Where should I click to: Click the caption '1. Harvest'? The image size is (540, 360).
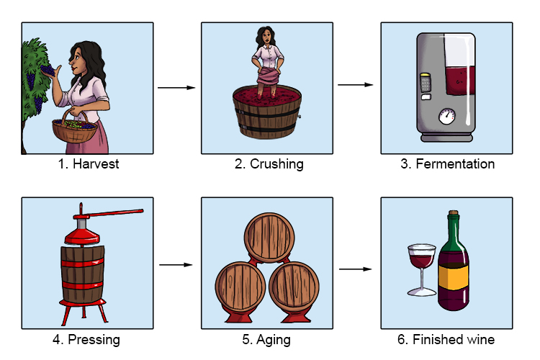click(88, 164)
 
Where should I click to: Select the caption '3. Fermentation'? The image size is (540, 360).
click(447, 164)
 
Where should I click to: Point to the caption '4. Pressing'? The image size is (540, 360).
click(88, 339)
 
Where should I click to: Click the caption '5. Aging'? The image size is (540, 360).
click(267, 339)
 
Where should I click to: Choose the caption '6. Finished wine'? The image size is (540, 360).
click(447, 339)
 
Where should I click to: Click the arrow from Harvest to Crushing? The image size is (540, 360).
click(176, 88)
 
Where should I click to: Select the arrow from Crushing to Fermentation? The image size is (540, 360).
click(356, 84)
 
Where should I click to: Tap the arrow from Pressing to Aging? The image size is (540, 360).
click(176, 265)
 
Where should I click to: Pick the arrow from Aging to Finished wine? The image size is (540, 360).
click(356, 270)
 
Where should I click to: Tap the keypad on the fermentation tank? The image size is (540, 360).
click(426, 84)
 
